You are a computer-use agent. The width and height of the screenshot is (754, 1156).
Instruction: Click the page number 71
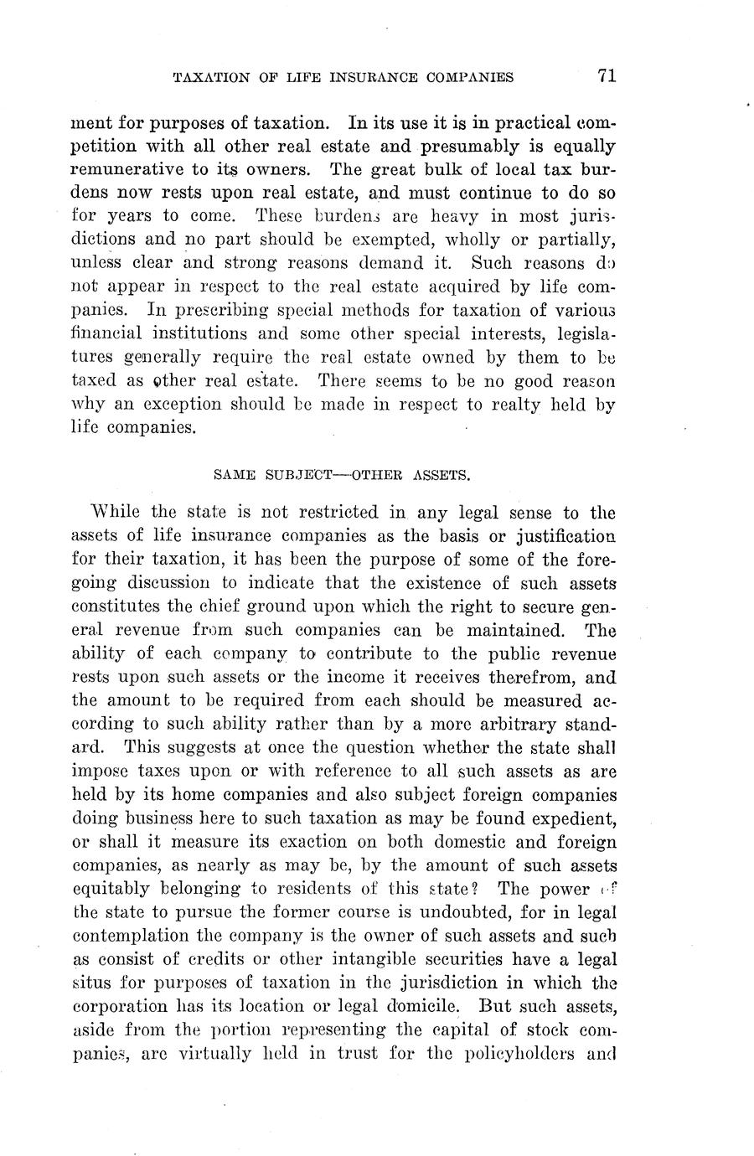tap(607, 75)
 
